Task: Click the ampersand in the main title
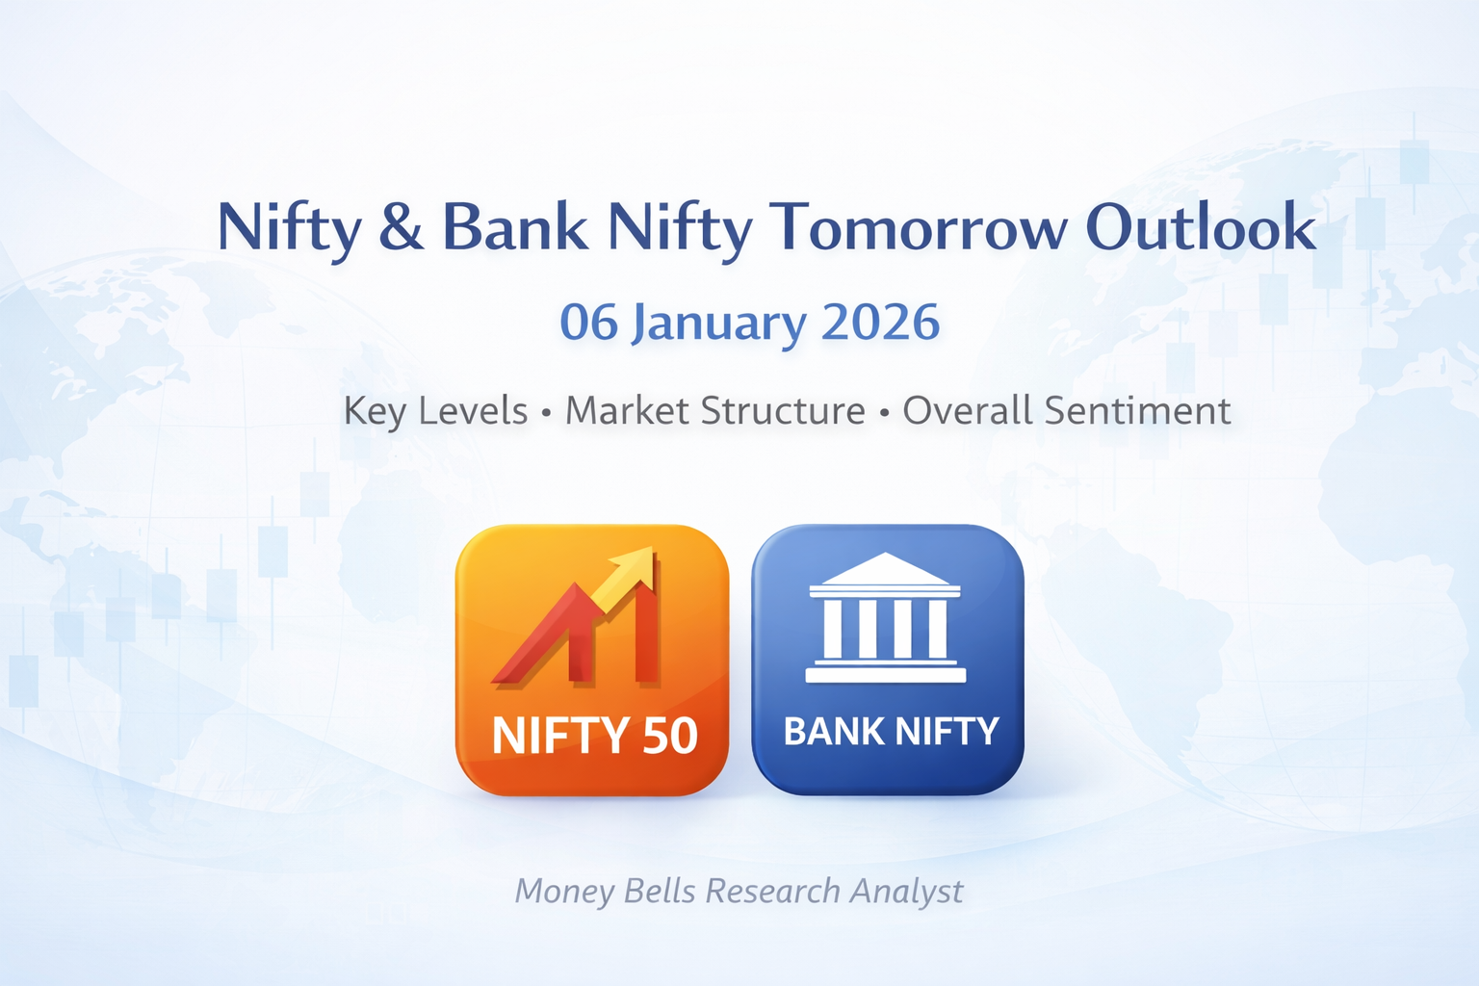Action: pos(401,229)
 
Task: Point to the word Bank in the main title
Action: pos(515,229)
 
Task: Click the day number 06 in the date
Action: pos(588,323)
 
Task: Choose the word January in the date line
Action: pos(718,324)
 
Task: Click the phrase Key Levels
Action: pos(435,411)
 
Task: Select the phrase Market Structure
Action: pos(714,411)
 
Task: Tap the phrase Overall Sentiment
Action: pos(1066,411)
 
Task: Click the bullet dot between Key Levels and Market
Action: pos(546,413)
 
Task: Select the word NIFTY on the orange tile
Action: pos(553,737)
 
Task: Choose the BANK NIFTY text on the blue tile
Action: pos(891,732)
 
